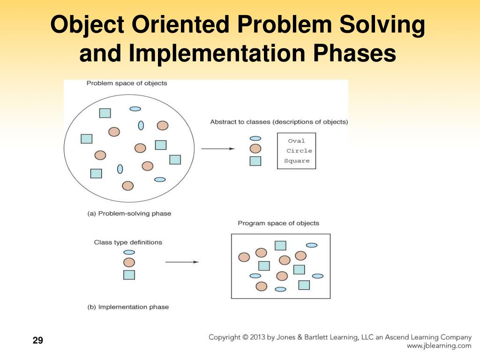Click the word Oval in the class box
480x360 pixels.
(296, 141)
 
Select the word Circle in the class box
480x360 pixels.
(299, 150)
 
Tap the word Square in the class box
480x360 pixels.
(297, 161)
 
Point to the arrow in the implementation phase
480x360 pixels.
(182, 262)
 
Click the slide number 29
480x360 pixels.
(38, 340)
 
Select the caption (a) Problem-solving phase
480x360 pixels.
(129, 213)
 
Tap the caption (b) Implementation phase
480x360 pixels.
(128, 307)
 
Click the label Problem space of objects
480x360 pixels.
(127, 83)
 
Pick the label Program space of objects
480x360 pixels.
(278, 223)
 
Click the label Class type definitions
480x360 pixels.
(128, 242)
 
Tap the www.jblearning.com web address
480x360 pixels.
(439, 346)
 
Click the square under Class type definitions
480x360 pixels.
(129, 275)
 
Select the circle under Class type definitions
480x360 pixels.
(129, 262)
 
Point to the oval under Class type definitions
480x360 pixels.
(129, 252)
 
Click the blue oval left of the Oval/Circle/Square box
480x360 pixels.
(255, 139)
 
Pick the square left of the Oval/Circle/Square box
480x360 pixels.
(255, 161)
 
